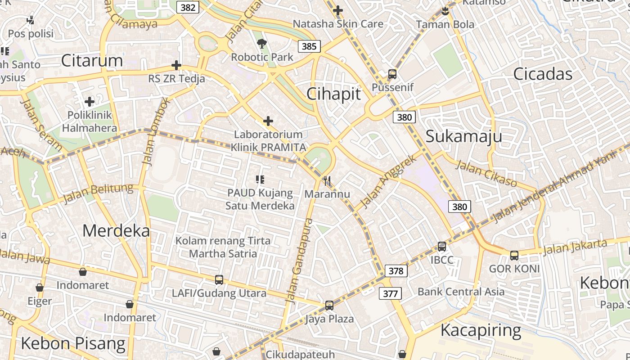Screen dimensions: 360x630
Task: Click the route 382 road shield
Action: (188, 8)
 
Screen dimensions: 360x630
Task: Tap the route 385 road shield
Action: (309, 46)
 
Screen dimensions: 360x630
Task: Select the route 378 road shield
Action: (396, 271)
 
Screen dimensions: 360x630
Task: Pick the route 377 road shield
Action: (390, 294)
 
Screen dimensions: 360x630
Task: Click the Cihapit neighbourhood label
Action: (333, 94)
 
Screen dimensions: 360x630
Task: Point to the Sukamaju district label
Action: (463, 136)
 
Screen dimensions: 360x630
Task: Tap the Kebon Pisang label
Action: (73, 343)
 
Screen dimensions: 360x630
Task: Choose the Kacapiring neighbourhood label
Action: (481, 330)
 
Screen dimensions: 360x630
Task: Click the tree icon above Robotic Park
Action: (261, 44)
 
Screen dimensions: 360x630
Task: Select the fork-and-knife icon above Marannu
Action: (327, 181)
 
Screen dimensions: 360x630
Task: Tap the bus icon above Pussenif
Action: (392, 74)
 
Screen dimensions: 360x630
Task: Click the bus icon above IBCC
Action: (442, 247)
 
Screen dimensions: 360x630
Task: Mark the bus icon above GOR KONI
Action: (514, 256)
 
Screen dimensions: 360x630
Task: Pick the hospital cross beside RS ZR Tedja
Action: (176, 66)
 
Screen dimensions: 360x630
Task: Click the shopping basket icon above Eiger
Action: (40, 288)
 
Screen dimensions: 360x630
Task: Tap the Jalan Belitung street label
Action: (99, 193)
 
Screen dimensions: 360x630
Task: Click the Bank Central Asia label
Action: (461, 292)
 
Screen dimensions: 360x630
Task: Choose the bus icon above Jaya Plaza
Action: (329, 306)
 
